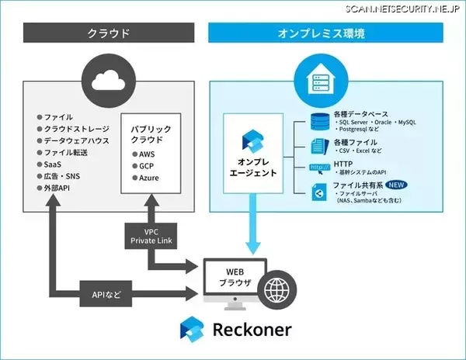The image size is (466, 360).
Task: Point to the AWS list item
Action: pos(147,154)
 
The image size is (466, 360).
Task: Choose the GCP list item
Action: pos(147,165)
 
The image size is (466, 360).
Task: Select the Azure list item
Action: pos(148,178)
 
